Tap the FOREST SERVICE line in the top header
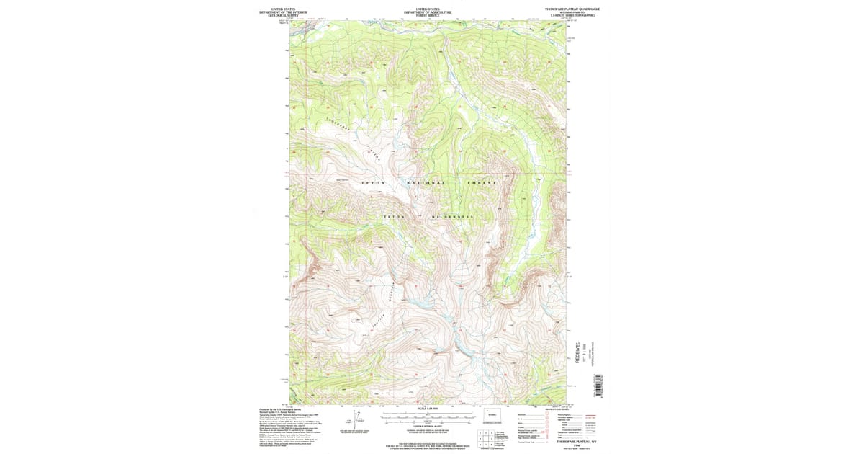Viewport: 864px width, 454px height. coord(428,15)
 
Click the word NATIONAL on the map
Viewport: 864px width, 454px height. coord(427,183)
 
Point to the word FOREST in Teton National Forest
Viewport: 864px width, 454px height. coord(482,183)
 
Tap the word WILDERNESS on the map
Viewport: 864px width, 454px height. coord(451,217)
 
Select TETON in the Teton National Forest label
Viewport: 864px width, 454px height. coord(374,183)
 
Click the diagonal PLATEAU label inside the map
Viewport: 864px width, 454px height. coord(372,152)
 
